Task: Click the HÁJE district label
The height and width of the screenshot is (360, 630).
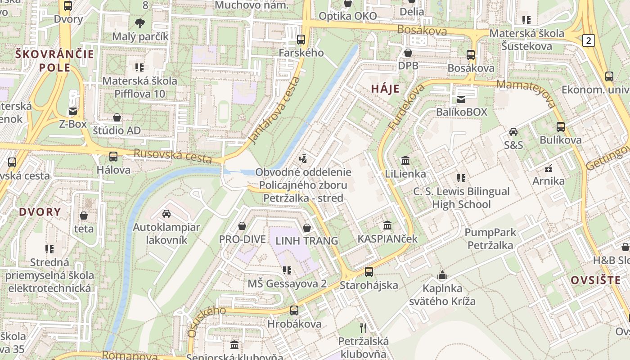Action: (385, 89)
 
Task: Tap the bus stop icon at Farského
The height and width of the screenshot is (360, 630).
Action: (301, 40)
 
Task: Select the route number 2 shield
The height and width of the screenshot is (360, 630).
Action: (588, 40)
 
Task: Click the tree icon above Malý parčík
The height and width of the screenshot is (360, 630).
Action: (140, 22)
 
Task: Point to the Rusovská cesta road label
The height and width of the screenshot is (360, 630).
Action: (173, 155)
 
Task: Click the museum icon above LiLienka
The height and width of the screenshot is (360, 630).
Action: (405, 160)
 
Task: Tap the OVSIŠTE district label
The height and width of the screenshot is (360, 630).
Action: (596, 280)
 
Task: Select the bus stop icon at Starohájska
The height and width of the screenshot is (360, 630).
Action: (369, 271)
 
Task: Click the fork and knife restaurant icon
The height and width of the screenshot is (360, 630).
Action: (363, 328)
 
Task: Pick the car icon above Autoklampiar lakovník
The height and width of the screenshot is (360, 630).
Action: (166, 213)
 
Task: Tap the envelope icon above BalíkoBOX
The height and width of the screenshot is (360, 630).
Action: (461, 99)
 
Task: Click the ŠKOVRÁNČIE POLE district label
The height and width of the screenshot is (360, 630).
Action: (55, 61)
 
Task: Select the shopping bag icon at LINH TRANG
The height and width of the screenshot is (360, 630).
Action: (307, 228)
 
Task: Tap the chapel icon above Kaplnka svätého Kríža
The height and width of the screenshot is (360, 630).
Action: (442, 275)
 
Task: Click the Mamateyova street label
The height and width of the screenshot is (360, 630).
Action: (526, 94)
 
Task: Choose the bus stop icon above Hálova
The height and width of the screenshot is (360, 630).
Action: (113, 157)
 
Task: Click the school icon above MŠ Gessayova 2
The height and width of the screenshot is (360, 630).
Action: (287, 270)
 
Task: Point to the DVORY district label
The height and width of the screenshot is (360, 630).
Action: (40, 212)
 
